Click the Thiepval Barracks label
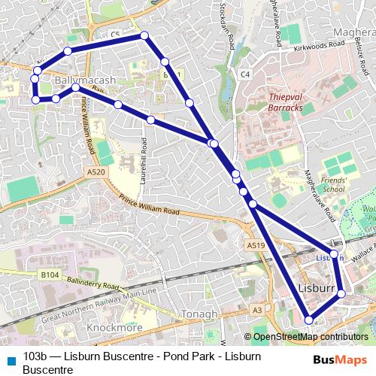pos(286,102)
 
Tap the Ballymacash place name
pos(85,80)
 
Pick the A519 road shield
pos(256,245)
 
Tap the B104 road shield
pos(50,276)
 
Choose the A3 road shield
pos(258,310)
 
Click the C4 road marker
pos(245,74)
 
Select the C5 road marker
pos(115,35)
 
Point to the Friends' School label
pos(332,185)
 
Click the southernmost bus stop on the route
pos(308,320)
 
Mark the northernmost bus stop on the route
pos(144,35)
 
